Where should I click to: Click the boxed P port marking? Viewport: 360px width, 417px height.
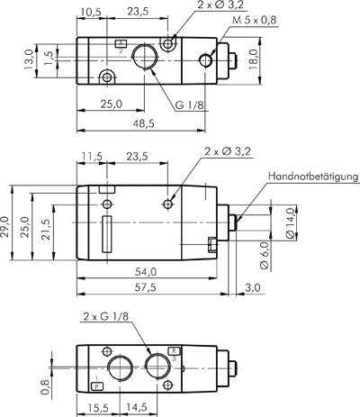[x=96, y=385]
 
